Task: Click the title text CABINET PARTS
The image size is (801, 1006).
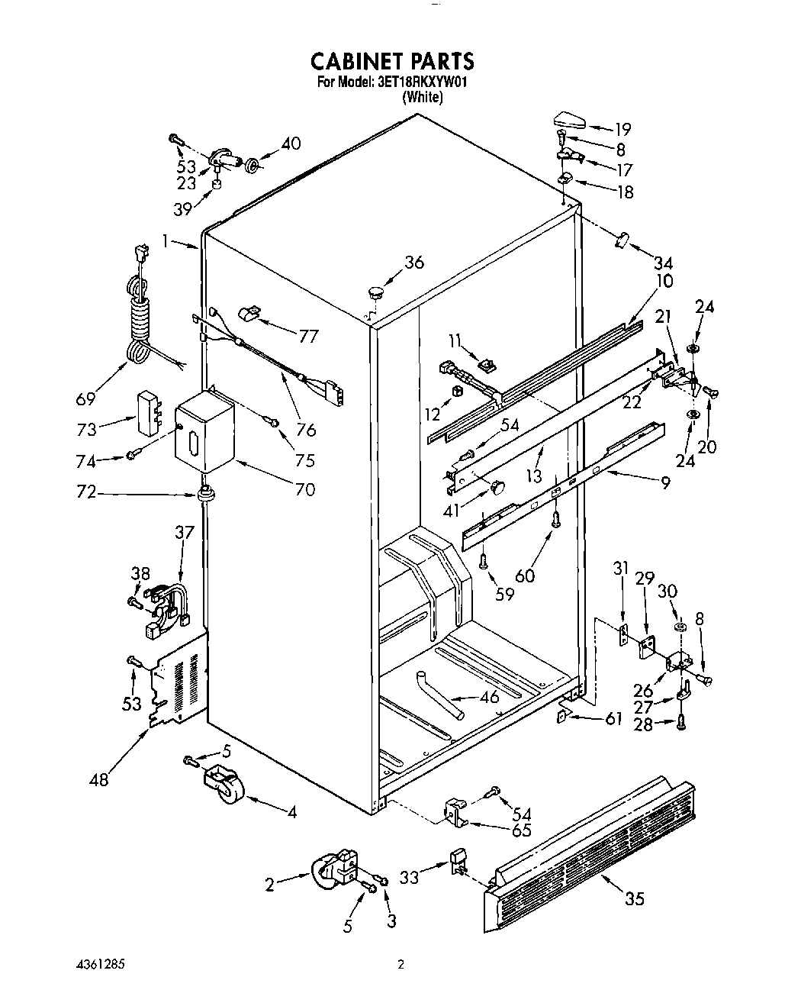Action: pos(392,61)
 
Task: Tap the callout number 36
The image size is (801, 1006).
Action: pos(413,262)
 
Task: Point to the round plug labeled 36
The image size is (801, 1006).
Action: pos(375,291)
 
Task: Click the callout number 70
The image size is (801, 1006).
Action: pos(304,489)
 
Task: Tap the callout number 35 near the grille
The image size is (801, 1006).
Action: pos(634,898)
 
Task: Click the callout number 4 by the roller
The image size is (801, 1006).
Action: pos(291,812)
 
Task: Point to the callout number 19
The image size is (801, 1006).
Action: pos(622,129)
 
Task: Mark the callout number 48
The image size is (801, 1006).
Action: pos(98,779)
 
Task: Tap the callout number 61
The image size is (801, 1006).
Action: pos(613,718)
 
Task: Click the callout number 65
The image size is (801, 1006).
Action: pos(521,830)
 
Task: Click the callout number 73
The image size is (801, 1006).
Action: pos(86,429)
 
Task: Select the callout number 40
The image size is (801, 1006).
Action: pos(290,143)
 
